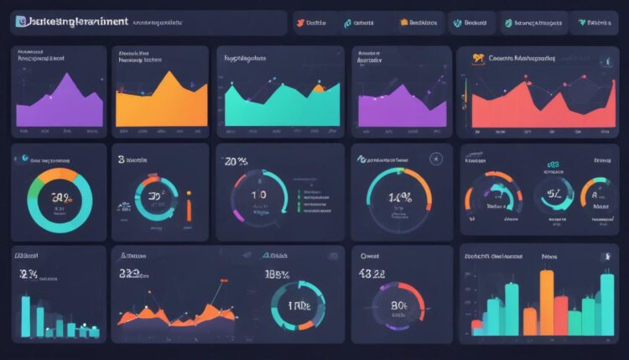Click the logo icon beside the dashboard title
(x=21, y=22)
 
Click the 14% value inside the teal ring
(x=398, y=198)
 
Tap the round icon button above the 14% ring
(x=434, y=158)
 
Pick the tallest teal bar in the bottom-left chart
(x=26, y=316)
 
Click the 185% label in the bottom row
(x=277, y=274)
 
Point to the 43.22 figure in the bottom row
(x=372, y=274)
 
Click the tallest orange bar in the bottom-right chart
(x=547, y=302)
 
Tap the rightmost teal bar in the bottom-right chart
(x=609, y=294)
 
